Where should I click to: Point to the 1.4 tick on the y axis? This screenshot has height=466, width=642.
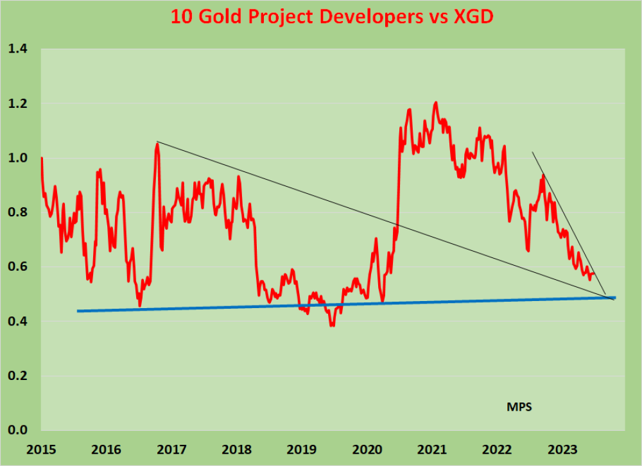click(x=21, y=49)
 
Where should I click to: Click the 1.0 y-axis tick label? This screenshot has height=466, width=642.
click(x=21, y=158)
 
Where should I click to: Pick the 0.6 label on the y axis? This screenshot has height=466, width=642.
click(x=21, y=267)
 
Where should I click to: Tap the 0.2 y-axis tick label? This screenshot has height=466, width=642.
click(x=21, y=375)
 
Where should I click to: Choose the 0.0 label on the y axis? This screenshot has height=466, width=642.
click(x=21, y=430)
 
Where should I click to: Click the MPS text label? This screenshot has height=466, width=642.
click(x=519, y=406)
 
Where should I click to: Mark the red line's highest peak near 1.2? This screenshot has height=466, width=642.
click(x=436, y=102)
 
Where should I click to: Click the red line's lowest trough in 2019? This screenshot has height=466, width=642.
click(x=332, y=326)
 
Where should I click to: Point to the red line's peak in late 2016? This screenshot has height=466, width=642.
click(x=157, y=144)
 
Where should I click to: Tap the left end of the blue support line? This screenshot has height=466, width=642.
click(x=78, y=311)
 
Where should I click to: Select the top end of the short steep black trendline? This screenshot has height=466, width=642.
click(x=532, y=152)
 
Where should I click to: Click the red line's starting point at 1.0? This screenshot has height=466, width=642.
click(x=42, y=158)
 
